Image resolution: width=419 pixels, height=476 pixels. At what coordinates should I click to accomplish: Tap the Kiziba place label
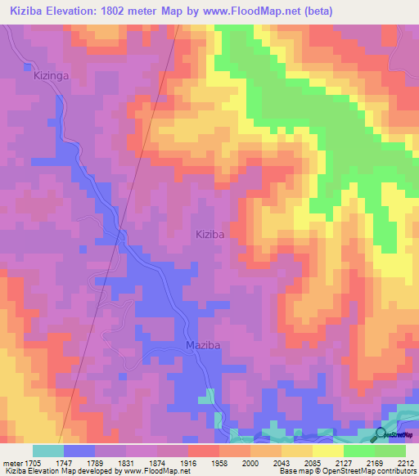tap(209, 234)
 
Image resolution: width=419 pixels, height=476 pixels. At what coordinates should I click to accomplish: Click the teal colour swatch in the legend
tap(48, 451)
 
